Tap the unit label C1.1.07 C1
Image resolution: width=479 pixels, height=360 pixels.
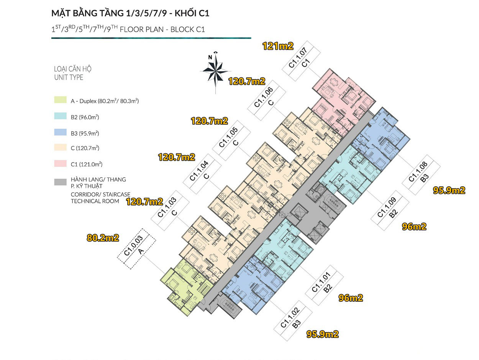pos(301,61)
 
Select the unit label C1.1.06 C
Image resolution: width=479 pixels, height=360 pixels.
pos(267,100)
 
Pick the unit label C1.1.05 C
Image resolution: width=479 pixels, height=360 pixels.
pos(231,141)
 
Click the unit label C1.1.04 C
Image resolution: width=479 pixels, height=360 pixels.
pos(202,174)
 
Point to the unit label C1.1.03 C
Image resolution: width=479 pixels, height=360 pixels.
pos(170,210)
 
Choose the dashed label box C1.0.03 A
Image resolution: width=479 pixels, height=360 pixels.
pos(136,249)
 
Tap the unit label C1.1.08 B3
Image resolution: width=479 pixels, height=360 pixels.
pos(421,175)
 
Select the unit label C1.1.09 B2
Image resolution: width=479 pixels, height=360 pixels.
pos(390,210)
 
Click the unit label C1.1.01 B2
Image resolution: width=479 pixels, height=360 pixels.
pos(324,285)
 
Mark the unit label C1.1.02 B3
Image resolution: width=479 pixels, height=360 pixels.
pos(293,321)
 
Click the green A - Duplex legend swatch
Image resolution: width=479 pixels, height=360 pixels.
pos(61,100)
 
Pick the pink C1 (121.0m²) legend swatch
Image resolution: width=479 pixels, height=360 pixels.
pos(61,164)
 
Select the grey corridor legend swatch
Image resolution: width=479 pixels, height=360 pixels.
pos(61,182)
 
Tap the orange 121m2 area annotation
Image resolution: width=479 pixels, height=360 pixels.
pos(278,46)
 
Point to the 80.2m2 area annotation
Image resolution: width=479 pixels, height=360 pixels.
pos(103,238)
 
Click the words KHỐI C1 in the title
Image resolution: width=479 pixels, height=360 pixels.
pos(192,13)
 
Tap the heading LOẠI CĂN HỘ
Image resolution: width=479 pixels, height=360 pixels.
pos(73,69)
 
